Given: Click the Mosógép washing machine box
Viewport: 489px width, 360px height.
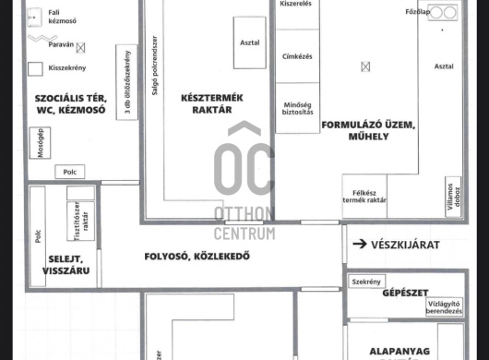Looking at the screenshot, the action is [40, 143].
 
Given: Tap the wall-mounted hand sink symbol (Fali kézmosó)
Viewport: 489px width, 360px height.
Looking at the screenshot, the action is [34, 17].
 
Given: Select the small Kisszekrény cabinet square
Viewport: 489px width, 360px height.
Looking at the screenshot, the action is [35, 69].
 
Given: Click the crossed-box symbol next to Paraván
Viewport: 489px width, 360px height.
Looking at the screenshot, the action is [80, 48].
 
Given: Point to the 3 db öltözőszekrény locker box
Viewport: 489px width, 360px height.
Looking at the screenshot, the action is [126, 82].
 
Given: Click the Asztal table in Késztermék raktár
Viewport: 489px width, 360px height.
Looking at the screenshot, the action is [250, 42].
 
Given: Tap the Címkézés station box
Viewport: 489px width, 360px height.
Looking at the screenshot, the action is [297, 56].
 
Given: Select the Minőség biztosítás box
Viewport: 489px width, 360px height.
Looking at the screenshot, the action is [297, 108].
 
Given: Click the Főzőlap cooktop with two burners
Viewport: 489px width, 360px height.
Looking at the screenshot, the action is [443, 13].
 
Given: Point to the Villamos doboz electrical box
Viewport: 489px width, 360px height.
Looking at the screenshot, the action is [453, 197].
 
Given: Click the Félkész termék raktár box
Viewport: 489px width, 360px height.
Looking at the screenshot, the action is [364, 197].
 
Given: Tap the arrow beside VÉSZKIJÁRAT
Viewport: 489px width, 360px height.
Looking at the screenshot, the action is [360, 244].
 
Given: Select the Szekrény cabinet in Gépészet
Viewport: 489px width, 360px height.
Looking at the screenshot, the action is [367, 282].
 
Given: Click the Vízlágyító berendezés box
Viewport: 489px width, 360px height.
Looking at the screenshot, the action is [444, 307].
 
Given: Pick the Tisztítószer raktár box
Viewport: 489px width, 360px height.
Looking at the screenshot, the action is [81, 222].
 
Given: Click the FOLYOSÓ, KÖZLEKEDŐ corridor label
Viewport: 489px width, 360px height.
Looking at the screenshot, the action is [197, 257].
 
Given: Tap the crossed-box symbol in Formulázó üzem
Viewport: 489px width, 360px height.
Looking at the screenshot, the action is [365, 66].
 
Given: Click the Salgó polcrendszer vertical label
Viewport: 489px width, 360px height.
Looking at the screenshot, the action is [155, 66].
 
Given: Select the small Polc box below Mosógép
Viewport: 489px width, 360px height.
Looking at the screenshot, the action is [70, 172].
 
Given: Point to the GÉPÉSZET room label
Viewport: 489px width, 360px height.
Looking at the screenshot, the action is [405, 293].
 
